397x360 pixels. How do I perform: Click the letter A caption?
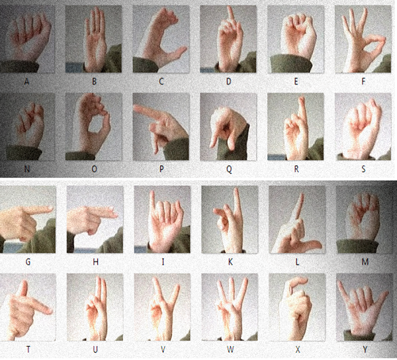26,81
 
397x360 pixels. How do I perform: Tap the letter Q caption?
229,169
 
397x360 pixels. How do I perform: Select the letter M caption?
365,262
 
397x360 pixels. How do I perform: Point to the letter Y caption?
365,349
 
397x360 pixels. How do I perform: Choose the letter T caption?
28,349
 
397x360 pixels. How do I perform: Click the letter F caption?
363,81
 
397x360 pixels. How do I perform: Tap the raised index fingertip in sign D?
230,9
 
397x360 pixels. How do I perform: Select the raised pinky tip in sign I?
152,194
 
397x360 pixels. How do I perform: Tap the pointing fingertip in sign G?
51,208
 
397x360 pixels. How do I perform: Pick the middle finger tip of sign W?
232,280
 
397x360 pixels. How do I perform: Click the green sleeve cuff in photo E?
290,64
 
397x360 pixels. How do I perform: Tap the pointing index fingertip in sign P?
136,109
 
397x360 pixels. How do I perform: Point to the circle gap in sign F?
372,46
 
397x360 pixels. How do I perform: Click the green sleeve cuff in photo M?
357,246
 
